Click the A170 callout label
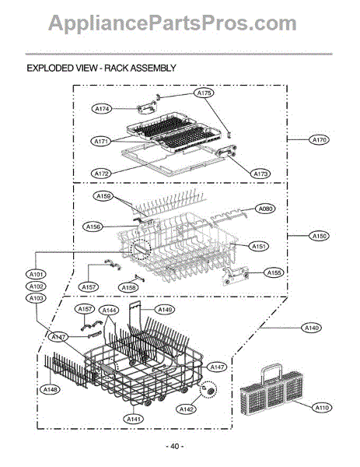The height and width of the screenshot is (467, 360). point(319,140)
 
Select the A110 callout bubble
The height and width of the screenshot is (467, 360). point(322,407)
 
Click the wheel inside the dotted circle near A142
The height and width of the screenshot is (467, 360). point(208,389)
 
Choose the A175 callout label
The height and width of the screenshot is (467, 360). point(204,93)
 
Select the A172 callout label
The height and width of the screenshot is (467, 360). point(101,173)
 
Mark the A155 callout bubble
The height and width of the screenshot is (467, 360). point(274,272)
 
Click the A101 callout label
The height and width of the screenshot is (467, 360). point(36,274)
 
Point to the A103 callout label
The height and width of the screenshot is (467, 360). point(36,298)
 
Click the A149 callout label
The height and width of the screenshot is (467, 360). point(165,310)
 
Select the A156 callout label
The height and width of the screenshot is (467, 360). point(93,226)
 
